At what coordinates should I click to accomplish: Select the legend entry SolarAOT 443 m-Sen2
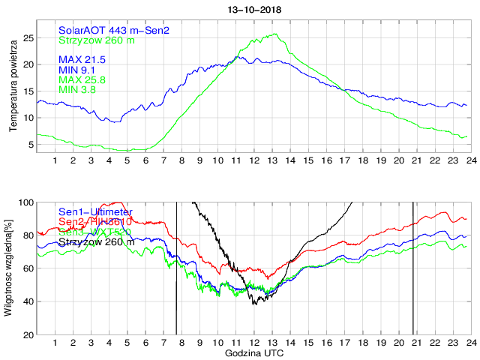(x=114, y=30)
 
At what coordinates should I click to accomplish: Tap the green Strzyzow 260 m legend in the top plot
(x=97, y=40)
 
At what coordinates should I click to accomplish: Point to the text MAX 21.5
(x=82, y=59)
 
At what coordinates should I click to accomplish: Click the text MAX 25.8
(x=82, y=79)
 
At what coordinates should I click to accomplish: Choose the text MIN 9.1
(x=79, y=70)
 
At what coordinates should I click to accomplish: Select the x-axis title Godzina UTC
(x=254, y=352)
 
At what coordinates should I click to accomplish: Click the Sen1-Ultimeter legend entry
(x=95, y=212)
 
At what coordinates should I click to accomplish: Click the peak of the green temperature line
(x=277, y=33)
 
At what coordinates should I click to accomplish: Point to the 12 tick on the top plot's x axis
(x=254, y=160)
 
